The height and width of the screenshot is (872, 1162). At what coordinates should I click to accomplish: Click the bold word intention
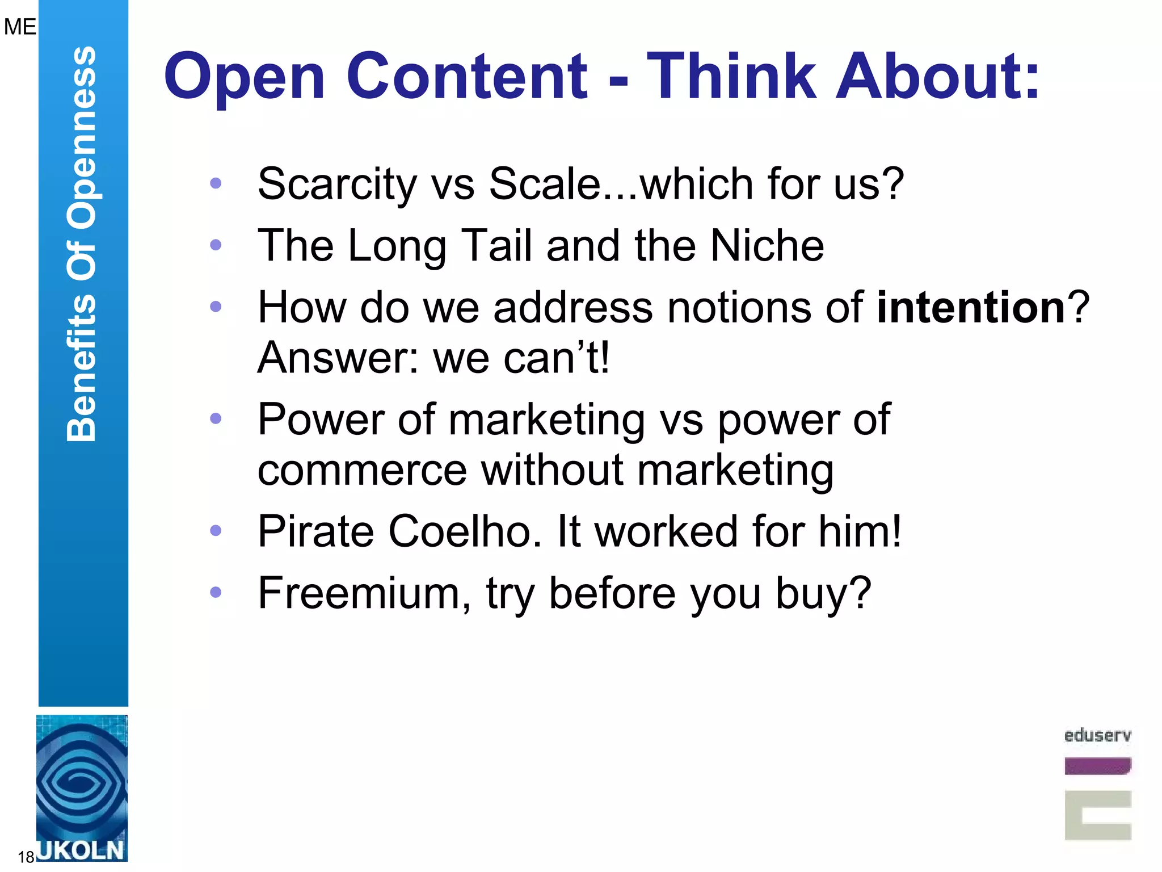tap(971, 307)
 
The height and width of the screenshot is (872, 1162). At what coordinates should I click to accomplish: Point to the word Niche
tap(767, 245)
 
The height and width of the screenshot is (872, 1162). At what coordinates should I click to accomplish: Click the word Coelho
tap(465, 531)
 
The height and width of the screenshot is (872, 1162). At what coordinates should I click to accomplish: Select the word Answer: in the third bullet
tap(338, 358)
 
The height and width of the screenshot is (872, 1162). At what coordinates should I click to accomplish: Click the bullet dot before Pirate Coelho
tap(216, 531)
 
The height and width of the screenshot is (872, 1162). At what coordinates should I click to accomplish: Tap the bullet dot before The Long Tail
tap(216, 245)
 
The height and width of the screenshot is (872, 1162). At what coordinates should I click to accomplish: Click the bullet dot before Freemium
tap(216, 592)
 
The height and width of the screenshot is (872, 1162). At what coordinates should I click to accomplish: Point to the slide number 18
tap(26, 857)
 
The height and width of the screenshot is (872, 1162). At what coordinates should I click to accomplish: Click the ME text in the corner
tap(19, 27)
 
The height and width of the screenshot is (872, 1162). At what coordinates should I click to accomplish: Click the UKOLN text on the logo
tap(81, 850)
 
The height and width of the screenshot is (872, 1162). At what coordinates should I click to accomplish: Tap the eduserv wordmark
tap(1097, 735)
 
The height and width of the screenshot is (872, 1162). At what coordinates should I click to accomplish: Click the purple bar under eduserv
tap(1097, 766)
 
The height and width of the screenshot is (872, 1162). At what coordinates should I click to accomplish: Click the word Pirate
tap(315, 531)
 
